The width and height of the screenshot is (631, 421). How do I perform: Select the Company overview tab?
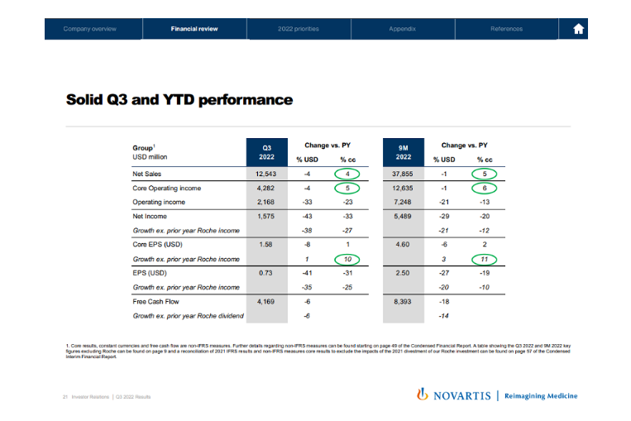click(90, 29)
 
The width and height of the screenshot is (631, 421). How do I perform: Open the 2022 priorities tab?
click(299, 29)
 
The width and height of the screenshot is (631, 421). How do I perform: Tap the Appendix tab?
click(402, 29)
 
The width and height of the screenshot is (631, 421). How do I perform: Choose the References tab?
click(506, 29)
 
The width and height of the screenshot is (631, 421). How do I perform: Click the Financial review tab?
click(194, 29)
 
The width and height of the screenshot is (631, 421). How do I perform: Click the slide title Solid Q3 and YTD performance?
click(179, 100)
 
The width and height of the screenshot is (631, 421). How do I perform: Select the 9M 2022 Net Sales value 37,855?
click(404, 175)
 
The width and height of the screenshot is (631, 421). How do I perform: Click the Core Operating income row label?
click(167, 189)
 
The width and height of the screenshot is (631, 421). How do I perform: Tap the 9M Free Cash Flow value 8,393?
click(404, 303)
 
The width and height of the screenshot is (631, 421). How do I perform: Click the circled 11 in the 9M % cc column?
click(485, 260)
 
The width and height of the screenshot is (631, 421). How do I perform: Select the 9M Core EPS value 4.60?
click(404, 245)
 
